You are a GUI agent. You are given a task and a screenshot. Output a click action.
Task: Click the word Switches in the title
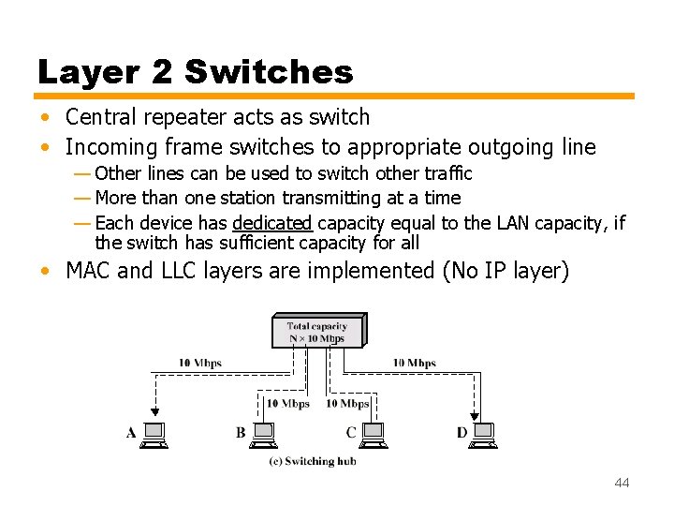pos(270,71)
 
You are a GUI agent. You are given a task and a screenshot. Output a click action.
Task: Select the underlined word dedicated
pos(271,223)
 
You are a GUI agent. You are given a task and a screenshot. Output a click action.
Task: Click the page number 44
pos(622,483)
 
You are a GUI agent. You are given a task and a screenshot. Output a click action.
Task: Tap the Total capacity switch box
pos(316,332)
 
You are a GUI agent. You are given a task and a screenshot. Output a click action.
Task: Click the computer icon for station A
pos(154,434)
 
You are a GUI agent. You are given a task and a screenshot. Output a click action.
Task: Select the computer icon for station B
pos(264,434)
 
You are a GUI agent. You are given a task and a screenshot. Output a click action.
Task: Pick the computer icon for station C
pos(373,434)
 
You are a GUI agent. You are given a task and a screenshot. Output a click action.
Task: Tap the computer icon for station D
pos(483,434)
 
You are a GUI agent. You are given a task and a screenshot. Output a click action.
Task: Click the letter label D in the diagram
pos(462,433)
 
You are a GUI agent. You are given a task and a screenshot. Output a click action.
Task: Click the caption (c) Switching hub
pos(313,461)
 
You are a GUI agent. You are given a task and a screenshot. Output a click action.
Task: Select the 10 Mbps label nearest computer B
pos(287,404)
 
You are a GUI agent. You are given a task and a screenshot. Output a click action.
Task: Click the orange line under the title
pos(335,96)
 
